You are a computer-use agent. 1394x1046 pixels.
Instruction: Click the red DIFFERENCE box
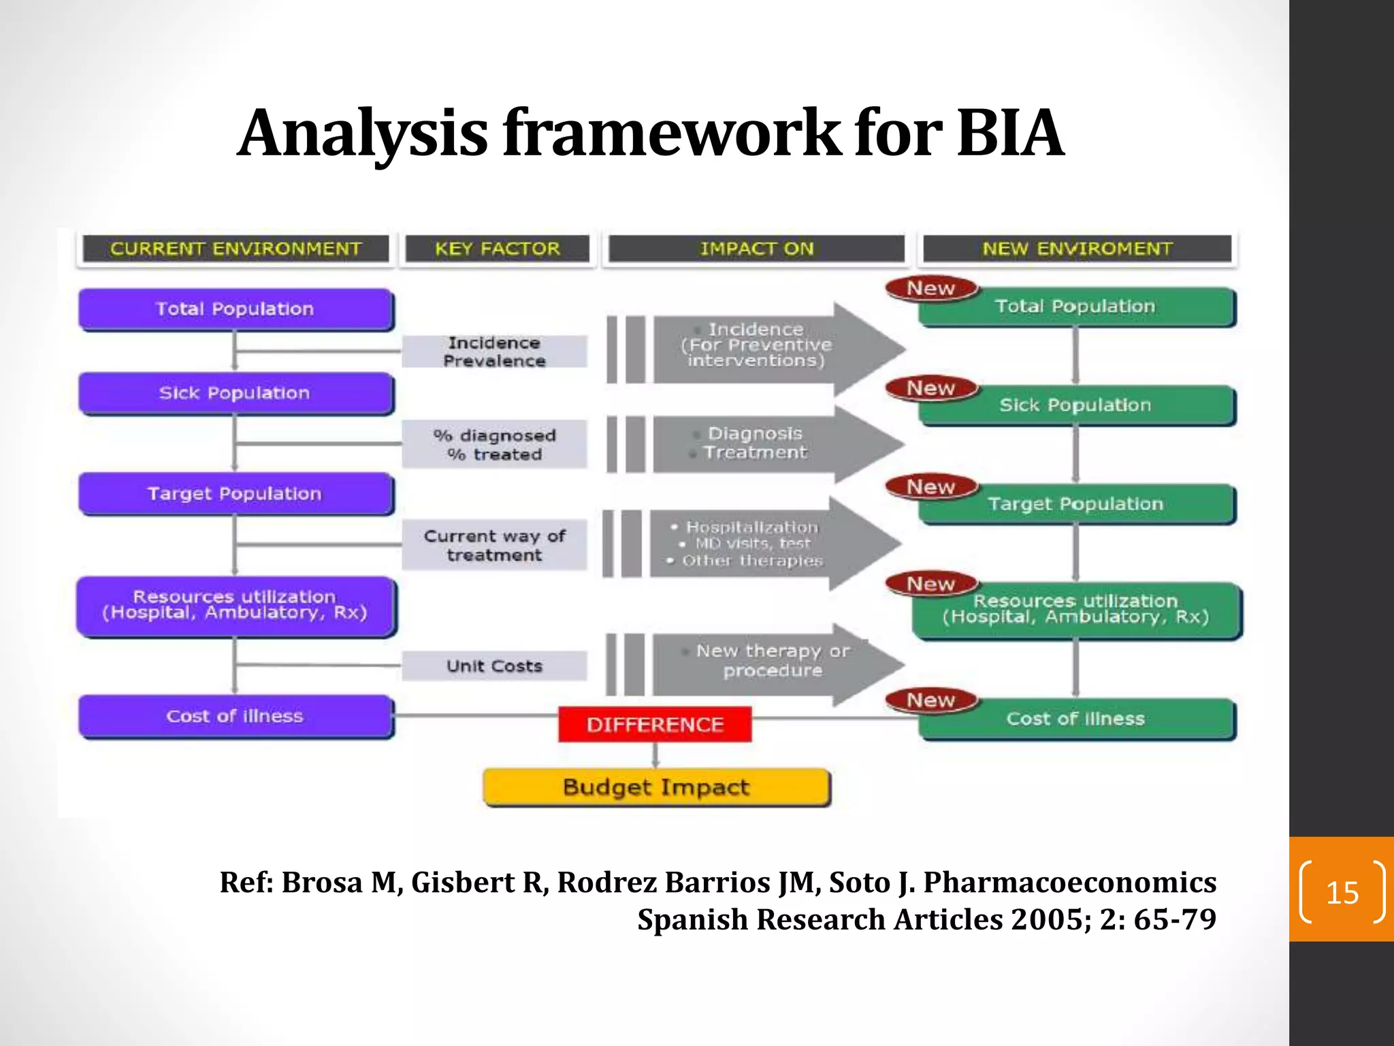[655, 724]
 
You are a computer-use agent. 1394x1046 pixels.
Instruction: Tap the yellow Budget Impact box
[656, 787]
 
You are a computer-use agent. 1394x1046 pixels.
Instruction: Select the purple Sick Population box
[235, 393]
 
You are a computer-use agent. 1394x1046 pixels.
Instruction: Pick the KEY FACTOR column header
[497, 249]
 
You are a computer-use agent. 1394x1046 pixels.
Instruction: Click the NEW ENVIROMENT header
[1077, 249]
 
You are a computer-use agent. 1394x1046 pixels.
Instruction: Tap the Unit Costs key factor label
[494, 665]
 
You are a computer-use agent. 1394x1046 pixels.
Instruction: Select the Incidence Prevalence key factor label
[494, 351]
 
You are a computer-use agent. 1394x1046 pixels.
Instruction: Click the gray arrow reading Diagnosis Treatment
[756, 443]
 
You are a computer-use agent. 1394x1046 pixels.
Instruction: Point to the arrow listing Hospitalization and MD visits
[752, 543]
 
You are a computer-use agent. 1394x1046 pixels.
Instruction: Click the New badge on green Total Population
[931, 289]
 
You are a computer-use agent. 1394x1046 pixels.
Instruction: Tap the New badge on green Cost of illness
[931, 700]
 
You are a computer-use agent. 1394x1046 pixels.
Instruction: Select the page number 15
[1342, 892]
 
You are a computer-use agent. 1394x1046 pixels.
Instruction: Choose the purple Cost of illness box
[235, 716]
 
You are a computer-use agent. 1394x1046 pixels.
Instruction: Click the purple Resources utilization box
[235, 605]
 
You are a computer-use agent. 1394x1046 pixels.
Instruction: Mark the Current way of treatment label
[494, 545]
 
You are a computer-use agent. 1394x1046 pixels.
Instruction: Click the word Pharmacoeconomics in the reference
[1069, 882]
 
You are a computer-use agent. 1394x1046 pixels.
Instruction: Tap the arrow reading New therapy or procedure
[773, 661]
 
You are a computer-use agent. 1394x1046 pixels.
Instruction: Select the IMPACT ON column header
[756, 249]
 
